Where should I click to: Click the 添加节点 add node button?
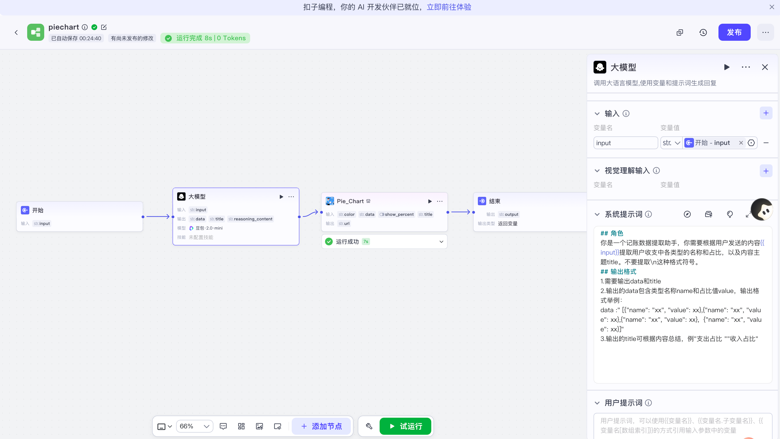point(321,426)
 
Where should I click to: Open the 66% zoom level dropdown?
point(194,426)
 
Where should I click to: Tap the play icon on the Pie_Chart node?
point(430,201)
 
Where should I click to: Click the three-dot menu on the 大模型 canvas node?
point(291,197)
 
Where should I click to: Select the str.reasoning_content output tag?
point(250,219)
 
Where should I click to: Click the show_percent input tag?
point(396,214)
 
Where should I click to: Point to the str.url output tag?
point(344,223)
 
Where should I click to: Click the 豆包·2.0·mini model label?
point(209,228)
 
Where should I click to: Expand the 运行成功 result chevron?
point(441,242)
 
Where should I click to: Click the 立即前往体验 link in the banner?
point(449,7)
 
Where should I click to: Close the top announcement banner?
point(772,7)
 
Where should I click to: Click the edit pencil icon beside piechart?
point(104,27)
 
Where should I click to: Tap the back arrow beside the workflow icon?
point(16,32)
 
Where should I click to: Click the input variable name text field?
point(625,143)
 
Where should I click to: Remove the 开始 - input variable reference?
point(741,143)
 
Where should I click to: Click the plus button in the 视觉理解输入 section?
point(766,171)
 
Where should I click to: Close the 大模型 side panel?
point(765,67)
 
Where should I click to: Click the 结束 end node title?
point(494,201)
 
